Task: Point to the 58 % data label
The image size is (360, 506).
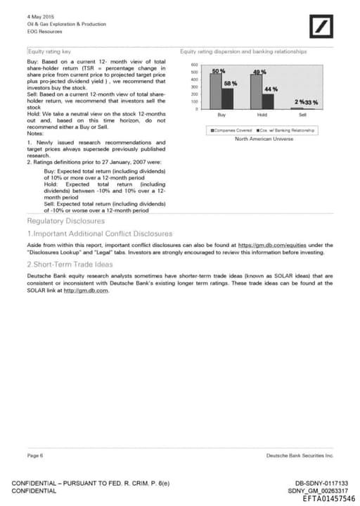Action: [230, 83]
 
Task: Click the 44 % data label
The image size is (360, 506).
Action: [271, 89]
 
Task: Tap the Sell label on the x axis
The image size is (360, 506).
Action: [302, 115]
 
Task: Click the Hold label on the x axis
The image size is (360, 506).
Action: [262, 115]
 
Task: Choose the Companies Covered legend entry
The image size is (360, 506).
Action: [233, 130]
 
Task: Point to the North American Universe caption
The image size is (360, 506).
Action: [264, 139]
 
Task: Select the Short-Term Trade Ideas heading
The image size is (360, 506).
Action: [70, 264]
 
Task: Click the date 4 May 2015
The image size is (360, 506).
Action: [40, 15]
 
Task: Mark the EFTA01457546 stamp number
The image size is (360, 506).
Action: [329, 498]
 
